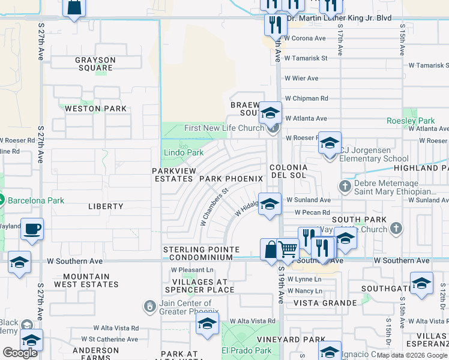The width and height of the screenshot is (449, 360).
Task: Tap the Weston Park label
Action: click(x=95, y=109)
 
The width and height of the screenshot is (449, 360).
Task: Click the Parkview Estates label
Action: click(x=174, y=175)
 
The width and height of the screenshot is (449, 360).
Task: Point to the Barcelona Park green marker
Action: click(x=1, y=200)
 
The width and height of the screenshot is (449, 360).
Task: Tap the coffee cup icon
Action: click(x=32, y=229)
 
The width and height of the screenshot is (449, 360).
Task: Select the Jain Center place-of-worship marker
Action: click(x=149, y=307)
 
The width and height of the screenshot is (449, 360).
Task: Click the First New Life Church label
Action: click(x=224, y=128)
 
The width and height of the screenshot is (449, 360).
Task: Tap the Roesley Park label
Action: click(x=418, y=121)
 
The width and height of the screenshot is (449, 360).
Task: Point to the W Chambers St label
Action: click(x=215, y=208)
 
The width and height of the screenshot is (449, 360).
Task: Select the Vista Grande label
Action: click(x=322, y=303)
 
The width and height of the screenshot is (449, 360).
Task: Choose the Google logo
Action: click(x=20, y=353)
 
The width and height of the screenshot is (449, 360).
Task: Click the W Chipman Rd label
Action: click(x=306, y=98)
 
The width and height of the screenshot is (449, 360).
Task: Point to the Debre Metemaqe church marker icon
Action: click(x=345, y=185)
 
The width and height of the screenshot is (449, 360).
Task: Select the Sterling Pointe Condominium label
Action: click(x=202, y=253)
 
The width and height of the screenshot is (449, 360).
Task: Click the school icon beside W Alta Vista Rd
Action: click(x=207, y=324)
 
